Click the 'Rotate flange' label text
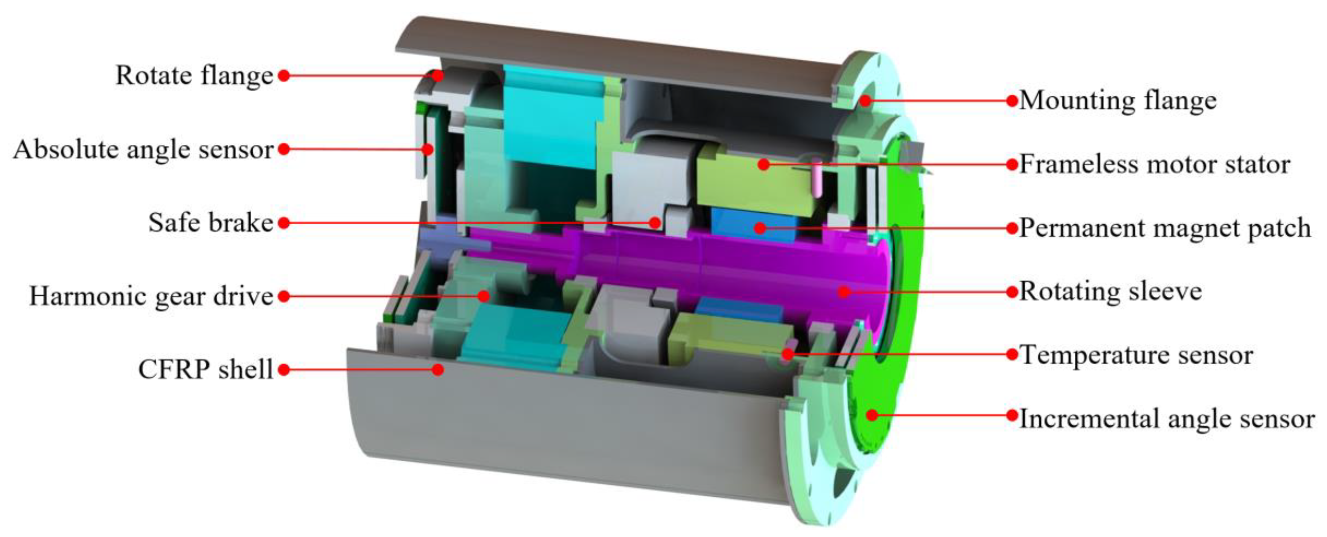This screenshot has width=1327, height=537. pos(194,76)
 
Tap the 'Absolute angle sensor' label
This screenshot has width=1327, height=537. pos(143,150)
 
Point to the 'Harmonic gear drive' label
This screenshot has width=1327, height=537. pos(151,296)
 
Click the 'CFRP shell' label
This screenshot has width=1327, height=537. pos(205,369)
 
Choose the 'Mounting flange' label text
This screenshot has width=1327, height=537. pos(1118,100)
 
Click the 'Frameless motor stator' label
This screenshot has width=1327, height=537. pos(1154,164)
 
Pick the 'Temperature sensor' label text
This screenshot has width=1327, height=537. pos(1136,355)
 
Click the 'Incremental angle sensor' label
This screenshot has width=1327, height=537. pos(1167,418)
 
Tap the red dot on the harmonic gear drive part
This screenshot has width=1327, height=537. pos(483,296)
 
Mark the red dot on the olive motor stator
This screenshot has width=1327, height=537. pos(764,164)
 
